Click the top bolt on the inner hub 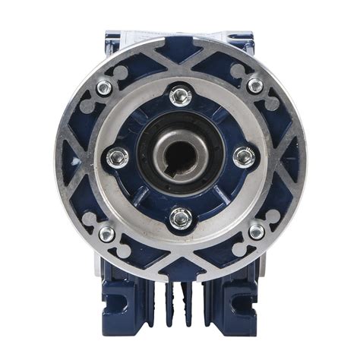click(x=180, y=96)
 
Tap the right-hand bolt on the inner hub click(x=244, y=157)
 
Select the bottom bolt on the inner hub click(x=180, y=219)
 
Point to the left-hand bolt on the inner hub click(x=116, y=157)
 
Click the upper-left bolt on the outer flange click(x=104, y=87)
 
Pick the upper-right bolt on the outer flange click(x=256, y=85)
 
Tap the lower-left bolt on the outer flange click(x=106, y=232)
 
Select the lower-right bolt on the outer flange click(x=257, y=230)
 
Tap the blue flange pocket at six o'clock click(x=180, y=254)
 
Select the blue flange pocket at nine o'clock click(x=77, y=158)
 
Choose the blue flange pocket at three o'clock click(x=284, y=158)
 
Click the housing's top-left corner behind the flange click(x=115, y=38)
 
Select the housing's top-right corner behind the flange click(x=245, y=38)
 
